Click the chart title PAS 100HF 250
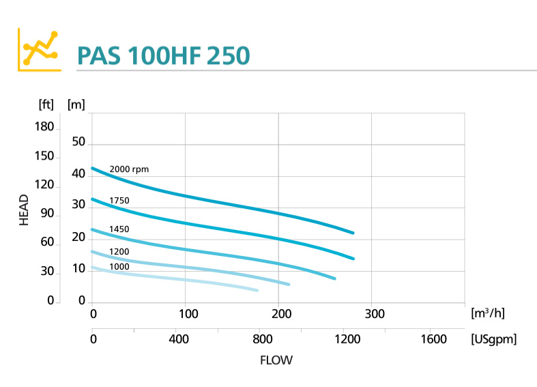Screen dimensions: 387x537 coord(163,55)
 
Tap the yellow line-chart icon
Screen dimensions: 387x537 coord(38,49)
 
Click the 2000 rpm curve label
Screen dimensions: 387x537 coord(129,169)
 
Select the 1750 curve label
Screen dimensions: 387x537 coord(119,200)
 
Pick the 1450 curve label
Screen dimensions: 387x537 coord(119,229)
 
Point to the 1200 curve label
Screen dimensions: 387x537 coord(119,251)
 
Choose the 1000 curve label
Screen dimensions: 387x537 coord(119,266)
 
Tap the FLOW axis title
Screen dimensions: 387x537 coord(276,360)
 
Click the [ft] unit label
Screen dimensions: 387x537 coord(46,104)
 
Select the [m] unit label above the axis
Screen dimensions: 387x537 coord(76,104)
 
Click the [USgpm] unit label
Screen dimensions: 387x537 coord(493,339)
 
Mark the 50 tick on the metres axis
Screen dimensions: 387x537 coord(78,142)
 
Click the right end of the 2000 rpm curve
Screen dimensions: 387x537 coord(353,233)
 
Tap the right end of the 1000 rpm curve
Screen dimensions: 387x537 coord(257,291)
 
